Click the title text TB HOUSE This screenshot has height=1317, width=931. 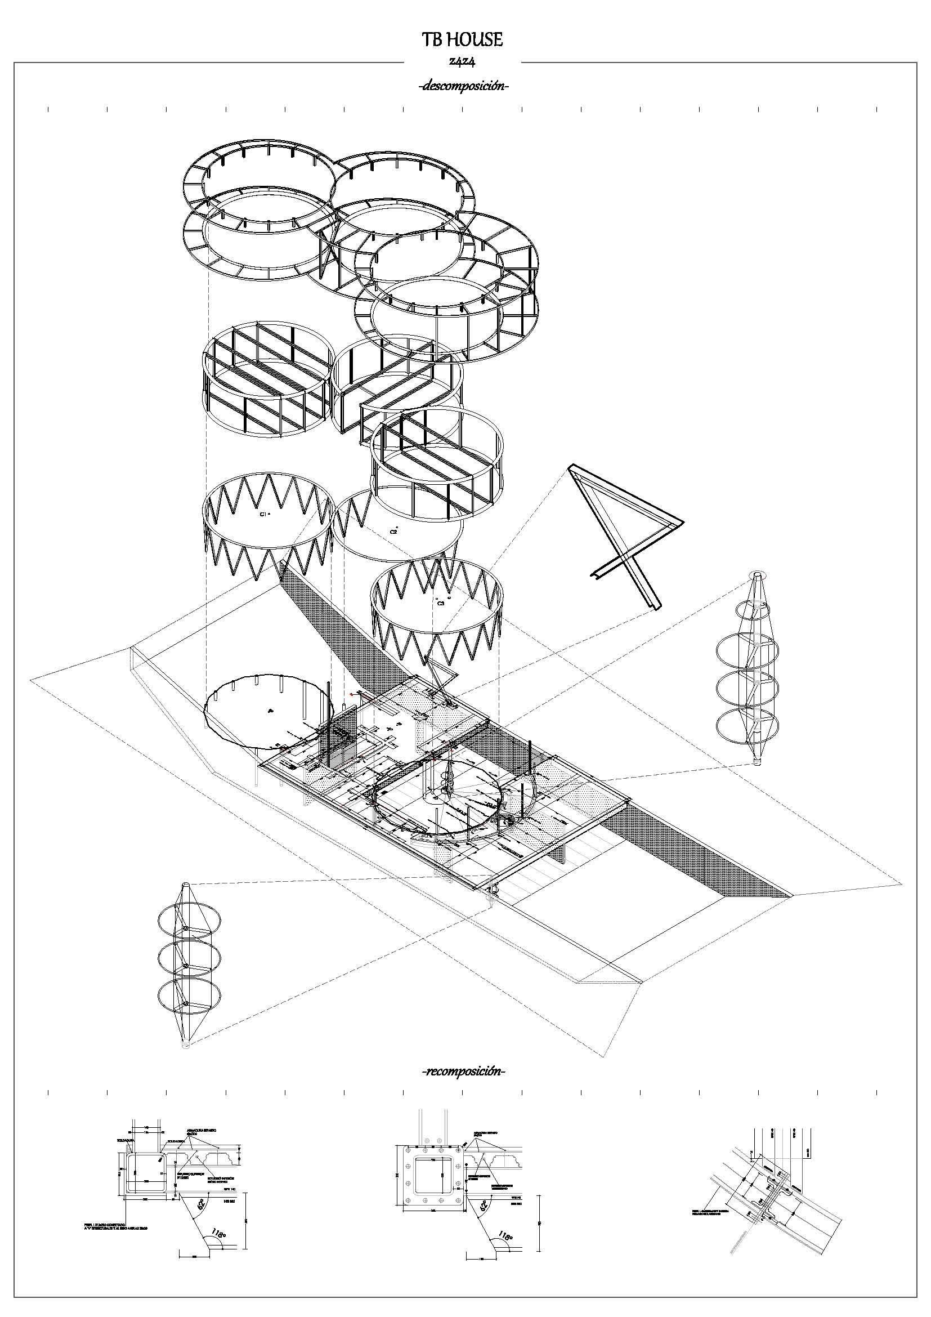click(x=462, y=39)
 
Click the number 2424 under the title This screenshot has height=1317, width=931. click(x=462, y=62)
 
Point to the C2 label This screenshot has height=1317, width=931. click(x=394, y=531)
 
